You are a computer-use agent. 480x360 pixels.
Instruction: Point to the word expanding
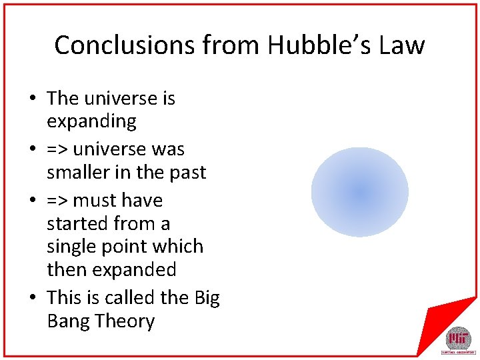(91, 122)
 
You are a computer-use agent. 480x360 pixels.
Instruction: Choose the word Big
(207, 298)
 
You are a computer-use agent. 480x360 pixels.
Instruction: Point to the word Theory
(125, 321)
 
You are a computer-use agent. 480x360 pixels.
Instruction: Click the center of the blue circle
(360, 193)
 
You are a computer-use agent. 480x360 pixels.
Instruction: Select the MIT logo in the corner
(457, 339)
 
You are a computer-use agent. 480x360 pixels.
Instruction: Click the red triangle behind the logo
(440, 313)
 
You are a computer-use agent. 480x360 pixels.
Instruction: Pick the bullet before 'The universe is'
(32, 99)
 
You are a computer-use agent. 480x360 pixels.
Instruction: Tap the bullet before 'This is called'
(32, 298)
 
